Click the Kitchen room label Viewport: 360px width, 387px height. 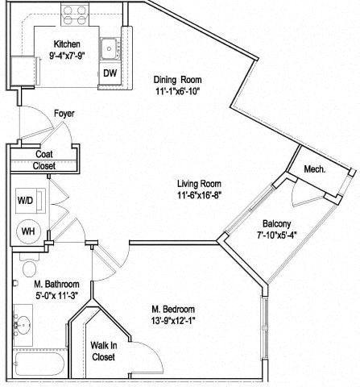[x=67, y=44]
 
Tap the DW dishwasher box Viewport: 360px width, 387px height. [x=110, y=73]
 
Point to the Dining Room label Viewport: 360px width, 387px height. [x=177, y=80]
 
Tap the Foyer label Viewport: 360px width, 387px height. [x=64, y=114]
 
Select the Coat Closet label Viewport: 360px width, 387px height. [x=45, y=160]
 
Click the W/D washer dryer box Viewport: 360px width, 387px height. [x=25, y=199]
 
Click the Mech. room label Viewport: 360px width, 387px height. [x=314, y=169]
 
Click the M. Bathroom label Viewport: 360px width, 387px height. [x=56, y=284]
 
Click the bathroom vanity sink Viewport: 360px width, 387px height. [x=22, y=329]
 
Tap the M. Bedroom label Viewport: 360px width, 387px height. [x=172, y=308]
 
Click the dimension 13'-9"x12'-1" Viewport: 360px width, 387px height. [x=172, y=320]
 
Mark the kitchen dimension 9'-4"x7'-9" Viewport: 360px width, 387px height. [x=67, y=56]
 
